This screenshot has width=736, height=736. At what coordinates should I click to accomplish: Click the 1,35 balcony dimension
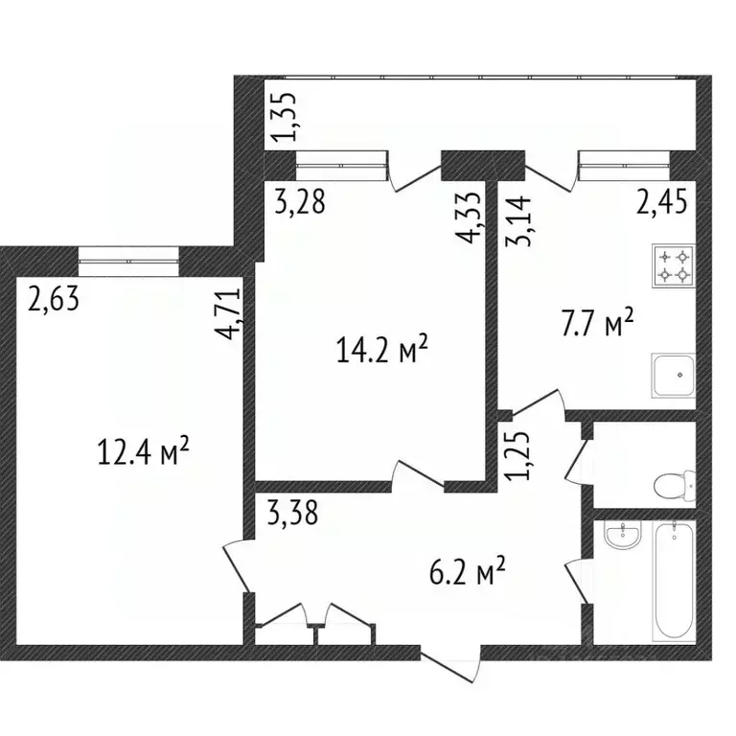pos(283,117)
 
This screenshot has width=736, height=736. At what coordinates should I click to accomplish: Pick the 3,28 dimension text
pos(299,202)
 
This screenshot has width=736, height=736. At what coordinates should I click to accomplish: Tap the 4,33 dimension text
pos(471,221)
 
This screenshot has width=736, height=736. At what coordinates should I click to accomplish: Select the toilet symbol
pos(674,484)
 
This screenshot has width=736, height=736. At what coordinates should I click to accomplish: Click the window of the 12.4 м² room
pos(129,254)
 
